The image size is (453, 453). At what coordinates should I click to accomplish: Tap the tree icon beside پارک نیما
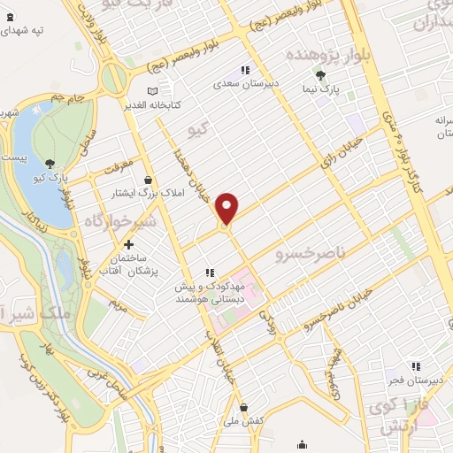(320, 76)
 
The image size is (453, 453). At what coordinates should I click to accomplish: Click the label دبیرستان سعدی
(245, 86)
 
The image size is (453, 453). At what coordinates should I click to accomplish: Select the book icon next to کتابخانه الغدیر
(152, 91)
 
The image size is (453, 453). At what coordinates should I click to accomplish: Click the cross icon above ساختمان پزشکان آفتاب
(129, 244)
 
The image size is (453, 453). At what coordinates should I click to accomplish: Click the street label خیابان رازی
(336, 157)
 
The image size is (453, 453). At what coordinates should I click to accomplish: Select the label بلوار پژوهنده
(324, 55)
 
